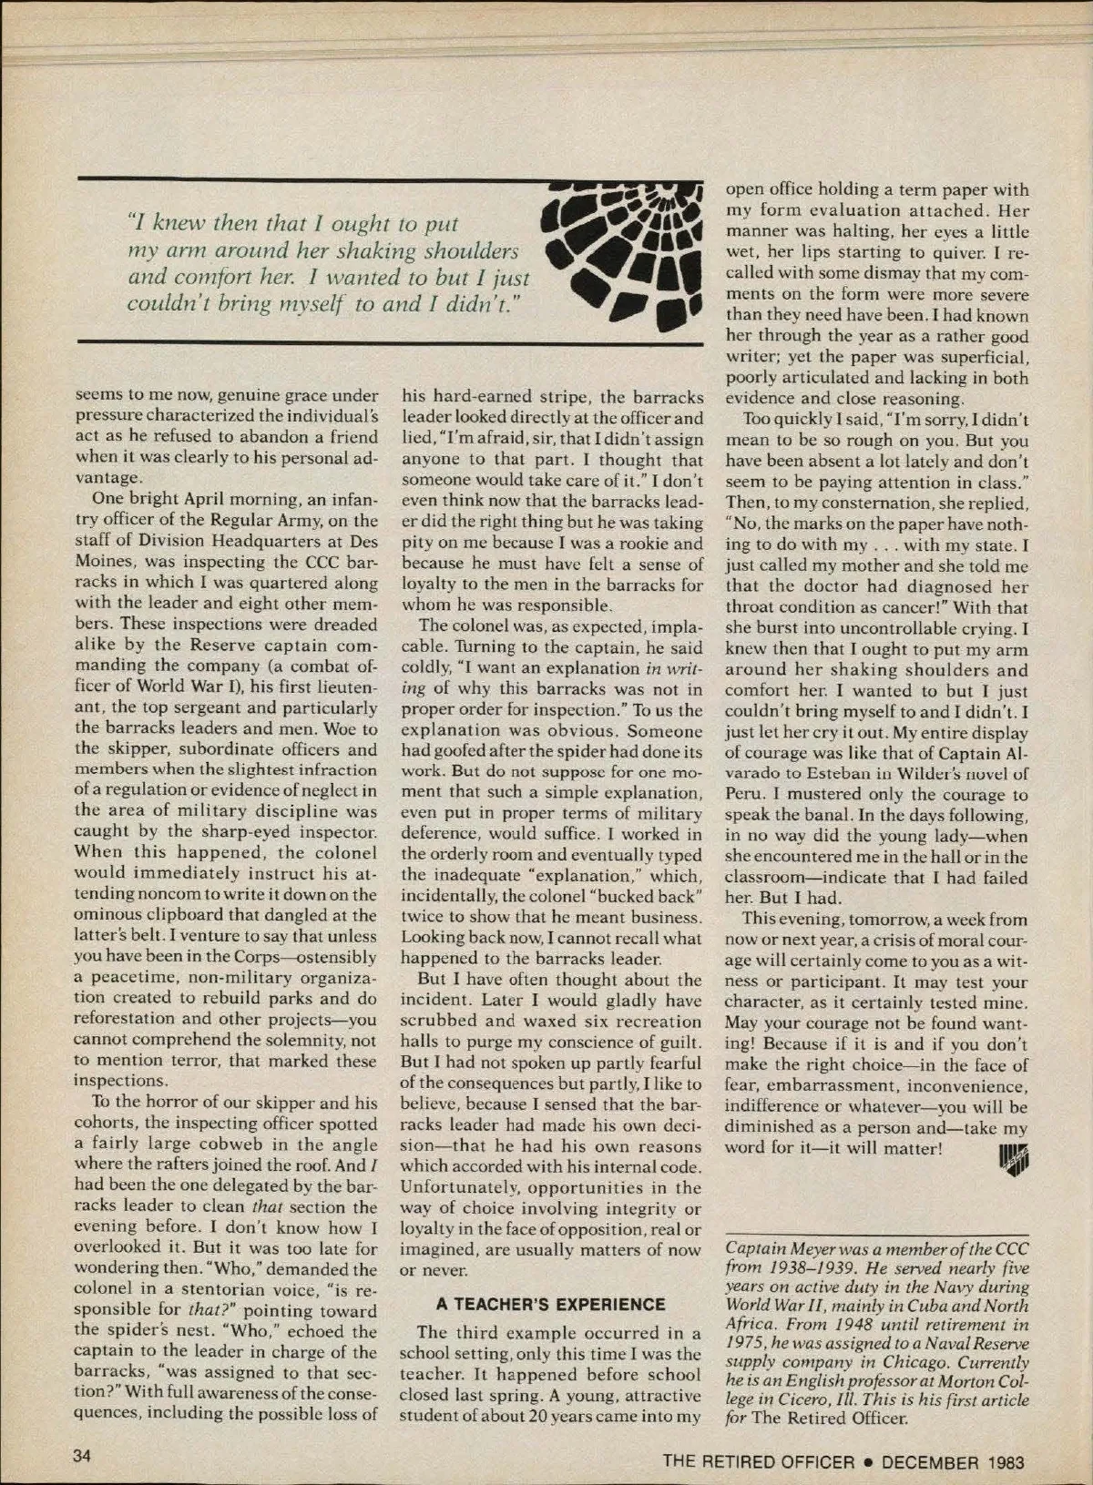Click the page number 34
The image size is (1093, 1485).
click(x=83, y=1455)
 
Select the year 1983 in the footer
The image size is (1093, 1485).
click(x=1006, y=1462)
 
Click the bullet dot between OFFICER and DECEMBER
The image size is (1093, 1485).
click(x=868, y=1462)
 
